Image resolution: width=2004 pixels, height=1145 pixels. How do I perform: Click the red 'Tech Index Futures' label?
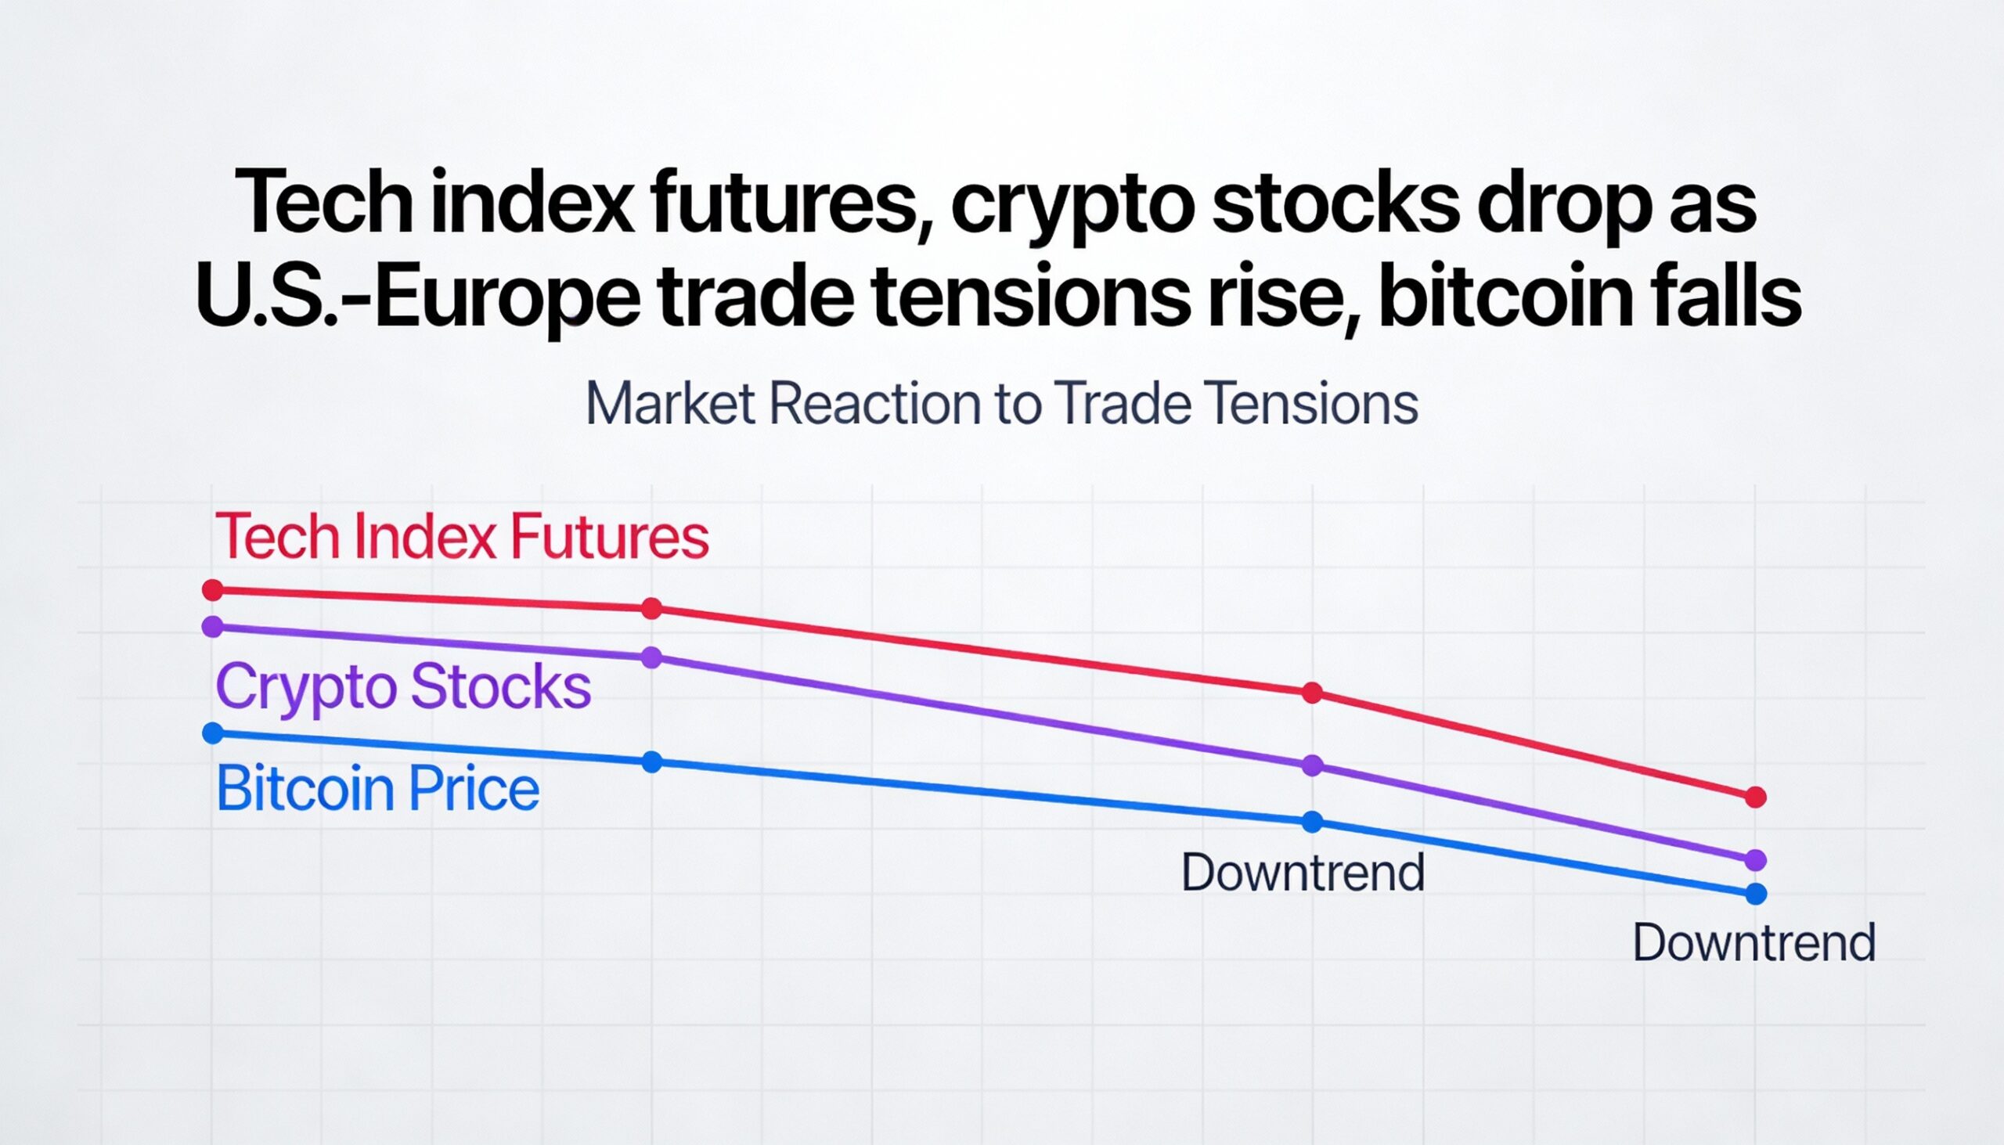(462, 536)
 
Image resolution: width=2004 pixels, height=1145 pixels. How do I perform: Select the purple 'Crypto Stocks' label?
(402, 686)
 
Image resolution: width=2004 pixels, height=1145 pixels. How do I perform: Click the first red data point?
(212, 590)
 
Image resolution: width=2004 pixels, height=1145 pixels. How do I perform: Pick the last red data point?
(1756, 798)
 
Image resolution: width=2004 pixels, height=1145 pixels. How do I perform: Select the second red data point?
(652, 608)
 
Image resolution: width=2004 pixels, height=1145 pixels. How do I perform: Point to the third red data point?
(1312, 693)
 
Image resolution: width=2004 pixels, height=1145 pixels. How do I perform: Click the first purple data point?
(212, 627)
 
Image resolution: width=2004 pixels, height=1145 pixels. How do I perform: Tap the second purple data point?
(652, 657)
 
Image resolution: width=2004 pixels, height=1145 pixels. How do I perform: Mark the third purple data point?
(1312, 765)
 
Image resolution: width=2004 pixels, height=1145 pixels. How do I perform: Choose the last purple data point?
(1756, 860)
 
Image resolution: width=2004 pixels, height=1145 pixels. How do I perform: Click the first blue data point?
(212, 733)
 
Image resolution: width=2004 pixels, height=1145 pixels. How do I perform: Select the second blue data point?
(652, 762)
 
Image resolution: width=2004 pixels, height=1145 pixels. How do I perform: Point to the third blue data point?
(1312, 822)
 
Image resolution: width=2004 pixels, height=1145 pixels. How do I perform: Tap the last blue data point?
(1756, 894)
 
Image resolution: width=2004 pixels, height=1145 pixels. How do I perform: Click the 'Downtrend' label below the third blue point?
(1303, 872)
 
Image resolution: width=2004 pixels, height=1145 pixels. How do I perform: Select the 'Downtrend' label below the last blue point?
(1754, 942)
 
